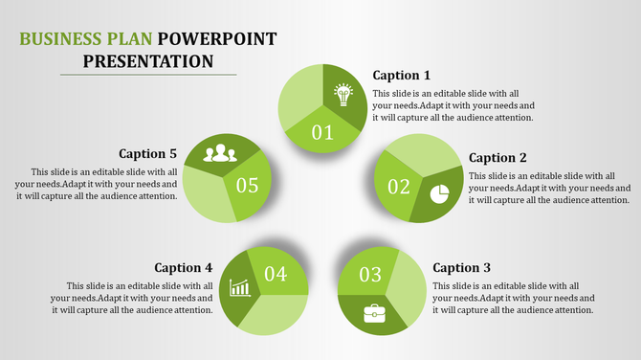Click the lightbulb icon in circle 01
[343, 95]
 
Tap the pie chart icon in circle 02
[439, 194]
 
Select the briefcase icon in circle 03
[374, 312]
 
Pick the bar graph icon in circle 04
[240, 287]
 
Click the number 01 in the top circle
[323, 132]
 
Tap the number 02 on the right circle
[398, 186]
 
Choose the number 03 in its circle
[370, 276]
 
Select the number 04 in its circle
[276, 275]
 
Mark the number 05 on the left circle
[247, 185]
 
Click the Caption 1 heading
[401, 75]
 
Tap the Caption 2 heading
[497, 158]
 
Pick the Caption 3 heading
[462, 267]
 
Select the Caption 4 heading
[184, 267]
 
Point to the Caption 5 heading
[148, 153]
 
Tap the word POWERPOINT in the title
[217, 39]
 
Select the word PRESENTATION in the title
[148, 61]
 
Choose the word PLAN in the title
[131, 39]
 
